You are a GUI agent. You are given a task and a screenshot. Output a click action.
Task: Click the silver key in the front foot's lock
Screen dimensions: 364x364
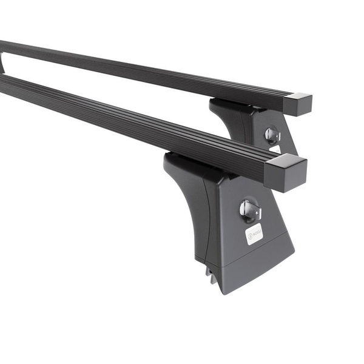[249, 210]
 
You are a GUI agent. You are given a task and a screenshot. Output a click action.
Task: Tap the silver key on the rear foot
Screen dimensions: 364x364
[272, 135]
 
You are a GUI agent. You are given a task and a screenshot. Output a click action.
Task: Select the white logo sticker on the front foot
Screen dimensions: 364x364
[254, 234]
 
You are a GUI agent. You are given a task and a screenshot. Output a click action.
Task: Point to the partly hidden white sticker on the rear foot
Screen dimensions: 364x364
[275, 149]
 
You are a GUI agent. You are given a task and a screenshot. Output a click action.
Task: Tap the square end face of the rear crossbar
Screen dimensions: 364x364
[301, 106]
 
